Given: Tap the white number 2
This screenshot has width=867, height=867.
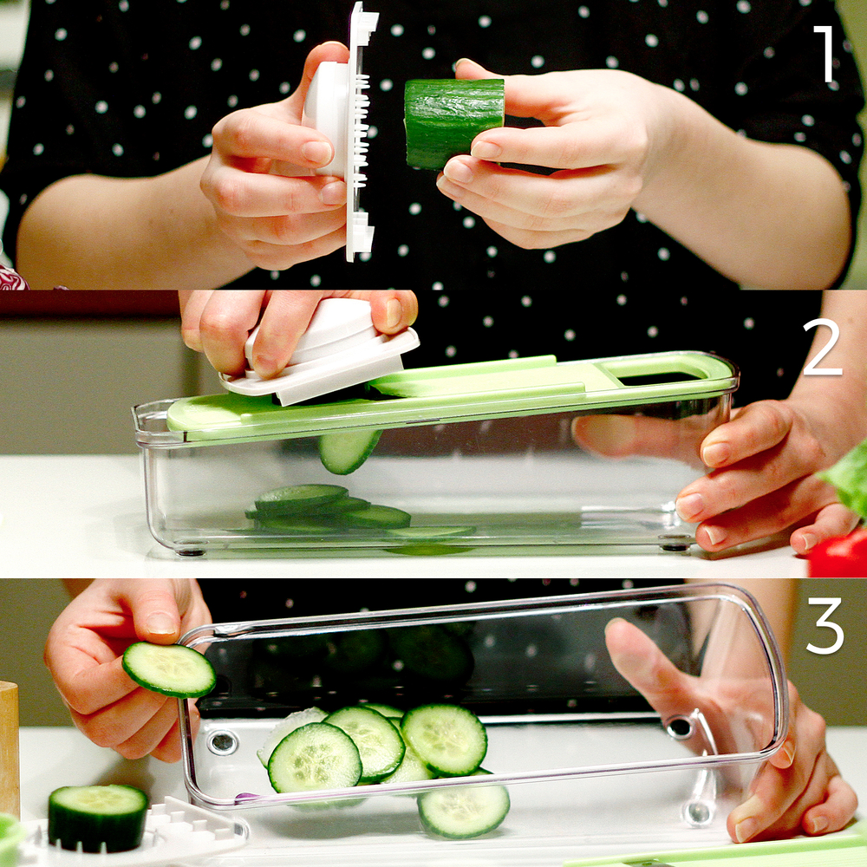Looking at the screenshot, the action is tap(822, 348).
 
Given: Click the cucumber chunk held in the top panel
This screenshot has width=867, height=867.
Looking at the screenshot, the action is tap(454, 123).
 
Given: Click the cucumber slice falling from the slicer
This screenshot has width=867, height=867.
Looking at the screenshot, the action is tap(349, 451).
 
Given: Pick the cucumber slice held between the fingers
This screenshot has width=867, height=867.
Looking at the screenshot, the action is tap(169, 669).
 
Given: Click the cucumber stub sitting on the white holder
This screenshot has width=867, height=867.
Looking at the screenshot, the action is tap(98, 817).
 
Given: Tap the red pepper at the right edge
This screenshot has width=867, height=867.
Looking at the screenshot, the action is tap(838, 553).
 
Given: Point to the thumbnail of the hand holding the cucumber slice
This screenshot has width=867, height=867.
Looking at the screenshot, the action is tap(161, 623).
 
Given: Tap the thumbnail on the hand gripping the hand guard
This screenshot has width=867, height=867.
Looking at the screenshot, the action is tap(393, 312).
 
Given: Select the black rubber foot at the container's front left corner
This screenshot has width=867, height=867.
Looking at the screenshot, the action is tap(191, 551).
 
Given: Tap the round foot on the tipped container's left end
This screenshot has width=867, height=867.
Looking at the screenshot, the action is tap(222, 743).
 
